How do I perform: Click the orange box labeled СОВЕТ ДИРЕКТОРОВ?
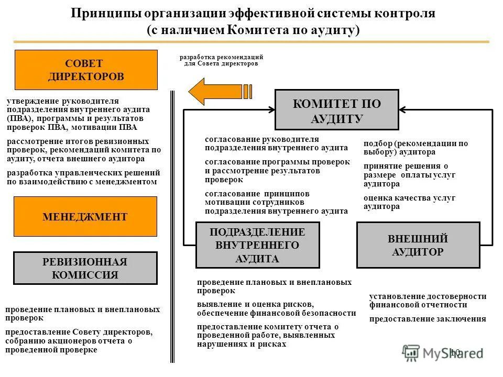click(86, 70)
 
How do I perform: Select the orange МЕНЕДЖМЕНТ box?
click(85, 216)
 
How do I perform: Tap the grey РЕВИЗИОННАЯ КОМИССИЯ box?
click(85, 268)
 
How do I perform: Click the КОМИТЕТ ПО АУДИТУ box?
click(337, 110)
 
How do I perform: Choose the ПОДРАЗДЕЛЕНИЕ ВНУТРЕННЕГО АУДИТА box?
click(257, 245)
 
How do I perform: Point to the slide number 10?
click(454, 352)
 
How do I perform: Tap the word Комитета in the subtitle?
click(257, 30)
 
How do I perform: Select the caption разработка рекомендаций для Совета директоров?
click(221, 60)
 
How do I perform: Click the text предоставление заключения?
click(428, 319)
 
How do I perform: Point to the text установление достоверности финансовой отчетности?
click(428, 301)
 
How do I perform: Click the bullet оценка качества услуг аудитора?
click(409, 202)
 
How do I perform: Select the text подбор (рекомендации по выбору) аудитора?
click(415, 148)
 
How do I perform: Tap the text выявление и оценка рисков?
click(255, 304)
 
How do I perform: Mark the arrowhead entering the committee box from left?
click(271, 110)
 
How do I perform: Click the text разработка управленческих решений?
click(83, 172)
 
